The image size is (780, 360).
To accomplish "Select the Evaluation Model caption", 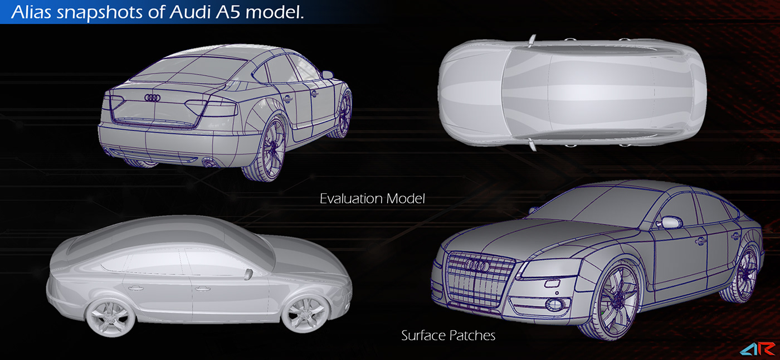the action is point(372,198).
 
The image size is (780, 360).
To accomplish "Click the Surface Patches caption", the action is point(448,335).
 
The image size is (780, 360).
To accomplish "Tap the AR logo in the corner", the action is point(759,350).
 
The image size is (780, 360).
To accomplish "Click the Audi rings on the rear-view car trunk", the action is point(152,98).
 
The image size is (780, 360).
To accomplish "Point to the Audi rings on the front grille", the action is point(477,267).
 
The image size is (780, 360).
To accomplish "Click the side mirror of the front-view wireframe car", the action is point(669,223).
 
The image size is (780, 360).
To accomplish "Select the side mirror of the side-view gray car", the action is point(248,273).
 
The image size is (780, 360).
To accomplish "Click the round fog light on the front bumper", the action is point(553,304).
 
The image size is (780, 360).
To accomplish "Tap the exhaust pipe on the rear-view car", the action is point(210,163).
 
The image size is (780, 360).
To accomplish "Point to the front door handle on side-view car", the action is point(201,289).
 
